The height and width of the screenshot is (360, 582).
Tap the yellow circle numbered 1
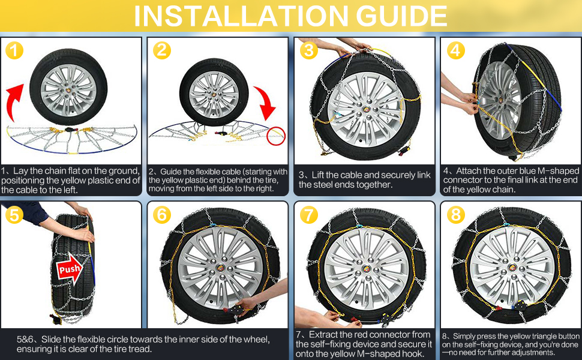14,50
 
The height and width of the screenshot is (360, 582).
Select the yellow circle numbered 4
456,50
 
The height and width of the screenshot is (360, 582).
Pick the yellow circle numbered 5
14,214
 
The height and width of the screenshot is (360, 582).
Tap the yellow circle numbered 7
308,214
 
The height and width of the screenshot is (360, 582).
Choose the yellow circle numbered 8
456,214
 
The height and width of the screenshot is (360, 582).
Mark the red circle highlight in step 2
277,136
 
